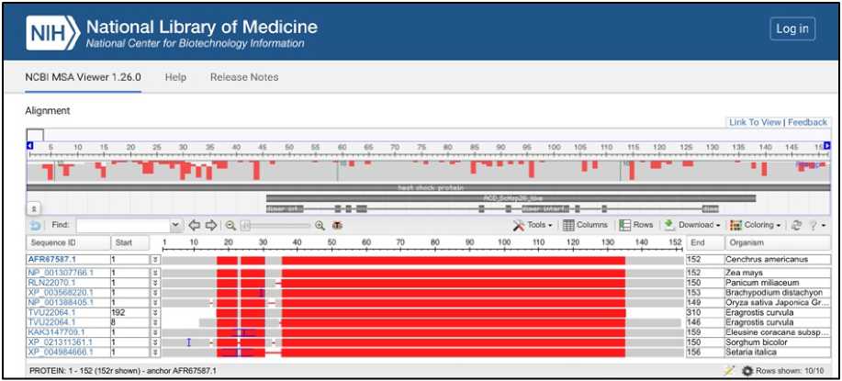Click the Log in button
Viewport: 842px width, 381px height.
(791, 29)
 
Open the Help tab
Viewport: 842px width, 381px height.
(175, 77)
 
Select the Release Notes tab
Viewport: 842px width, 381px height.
(243, 77)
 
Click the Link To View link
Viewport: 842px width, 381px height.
(755, 122)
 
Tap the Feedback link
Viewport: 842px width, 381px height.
(807, 122)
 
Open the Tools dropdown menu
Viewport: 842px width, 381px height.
(533, 225)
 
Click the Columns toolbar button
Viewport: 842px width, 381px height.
(586, 225)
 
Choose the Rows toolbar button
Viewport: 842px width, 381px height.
(636, 225)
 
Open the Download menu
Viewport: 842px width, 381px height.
(691, 225)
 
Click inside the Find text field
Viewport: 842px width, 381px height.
(124, 225)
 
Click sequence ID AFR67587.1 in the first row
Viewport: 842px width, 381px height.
(52, 260)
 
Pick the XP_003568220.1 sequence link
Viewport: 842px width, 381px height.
(61, 293)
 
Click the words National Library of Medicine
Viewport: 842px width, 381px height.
(202, 26)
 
